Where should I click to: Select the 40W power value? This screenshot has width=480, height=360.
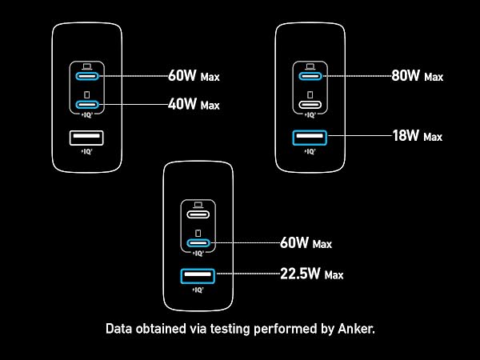click(182, 104)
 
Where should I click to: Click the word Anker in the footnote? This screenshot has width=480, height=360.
click(356, 329)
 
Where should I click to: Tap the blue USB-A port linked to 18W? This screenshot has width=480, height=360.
click(310, 138)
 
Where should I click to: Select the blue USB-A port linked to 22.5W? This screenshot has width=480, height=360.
click(198, 276)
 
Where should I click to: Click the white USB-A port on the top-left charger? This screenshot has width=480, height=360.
click(86, 138)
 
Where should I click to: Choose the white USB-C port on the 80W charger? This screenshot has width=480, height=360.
click(310, 105)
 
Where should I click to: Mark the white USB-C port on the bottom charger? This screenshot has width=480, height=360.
click(198, 214)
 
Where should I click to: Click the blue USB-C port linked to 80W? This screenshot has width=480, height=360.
click(310, 76)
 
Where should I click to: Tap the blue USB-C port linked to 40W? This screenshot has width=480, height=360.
click(87, 105)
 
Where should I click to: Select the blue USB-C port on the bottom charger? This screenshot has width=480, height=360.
click(198, 243)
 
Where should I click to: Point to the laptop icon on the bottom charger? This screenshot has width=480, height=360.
click(198, 205)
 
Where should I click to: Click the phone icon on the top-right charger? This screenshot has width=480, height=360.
click(310, 94)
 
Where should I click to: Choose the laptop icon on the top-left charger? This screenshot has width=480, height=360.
click(87, 66)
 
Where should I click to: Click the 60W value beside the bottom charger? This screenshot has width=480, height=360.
click(294, 242)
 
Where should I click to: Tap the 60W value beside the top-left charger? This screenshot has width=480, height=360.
click(182, 75)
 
